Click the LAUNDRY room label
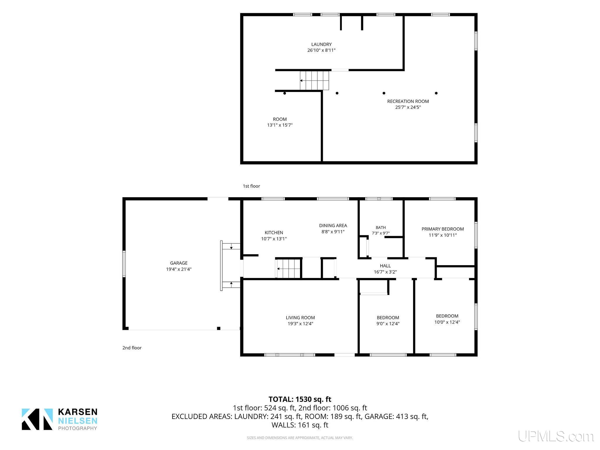tap(321, 45)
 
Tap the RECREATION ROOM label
tap(408, 101)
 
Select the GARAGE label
tap(179, 263)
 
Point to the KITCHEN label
tap(274, 233)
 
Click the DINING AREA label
tap(333, 226)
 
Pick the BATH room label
tap(381, 228)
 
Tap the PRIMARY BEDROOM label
tap(443, 229)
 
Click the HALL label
tap(385, 266)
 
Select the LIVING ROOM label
tap(300, 318)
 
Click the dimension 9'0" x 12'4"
tap(388, 324)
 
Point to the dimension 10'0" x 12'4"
tap(447, 322)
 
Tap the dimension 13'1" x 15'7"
tap(280, 125)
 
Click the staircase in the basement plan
tap(314, 81)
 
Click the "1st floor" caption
tap(251, 186)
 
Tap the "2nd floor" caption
tap(132, 348)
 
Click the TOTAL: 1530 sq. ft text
tap(300, 399)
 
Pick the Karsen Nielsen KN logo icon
tap(37, 419)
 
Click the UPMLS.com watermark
tap(556, 436)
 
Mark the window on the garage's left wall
tap(124, 264)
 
